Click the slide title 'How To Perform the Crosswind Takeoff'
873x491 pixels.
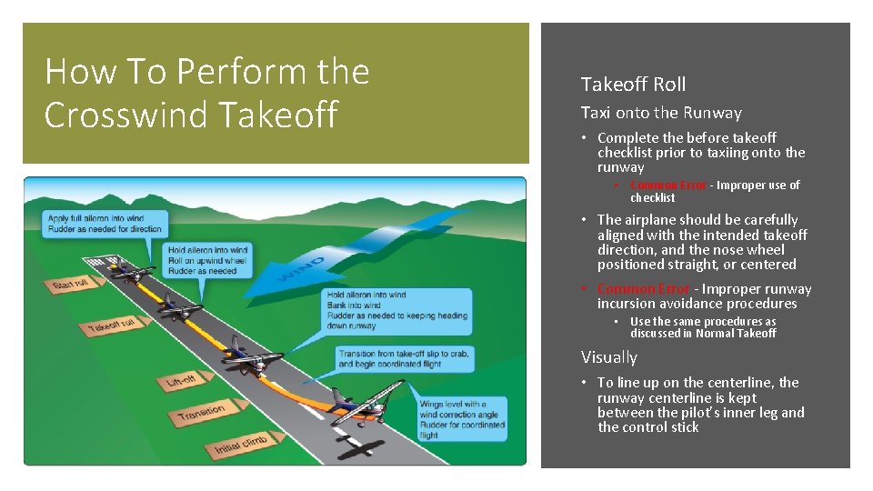click(206, 93)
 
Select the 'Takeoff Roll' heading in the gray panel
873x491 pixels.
click(633, 85)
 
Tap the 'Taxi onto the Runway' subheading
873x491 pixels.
click(661, 113)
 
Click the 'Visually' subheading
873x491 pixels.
click(608, 357)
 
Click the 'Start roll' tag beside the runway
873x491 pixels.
click(72, 285)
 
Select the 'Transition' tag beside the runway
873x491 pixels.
click(201, 414)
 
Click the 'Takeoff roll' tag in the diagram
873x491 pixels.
click(111, 326)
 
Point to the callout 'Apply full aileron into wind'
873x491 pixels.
click(104, 224)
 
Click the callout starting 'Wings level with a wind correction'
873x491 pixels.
click(461, 419)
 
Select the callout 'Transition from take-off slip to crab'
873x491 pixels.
click(403, 358)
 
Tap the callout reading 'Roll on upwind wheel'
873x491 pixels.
click(207, 260)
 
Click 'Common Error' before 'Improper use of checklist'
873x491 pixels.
click(667, 185)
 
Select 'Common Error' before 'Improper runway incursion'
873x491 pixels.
click(643, 289)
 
